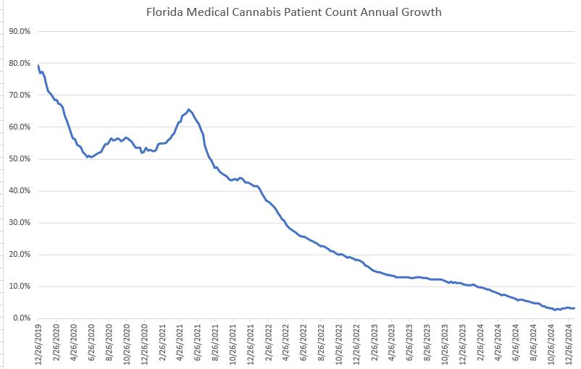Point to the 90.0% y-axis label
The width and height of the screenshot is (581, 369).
[x=19, y=31]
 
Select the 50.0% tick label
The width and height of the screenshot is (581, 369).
[x=19, y=159]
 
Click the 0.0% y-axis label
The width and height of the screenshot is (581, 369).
[x=20, y=318]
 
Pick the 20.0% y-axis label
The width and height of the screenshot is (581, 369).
[x=19, y=255]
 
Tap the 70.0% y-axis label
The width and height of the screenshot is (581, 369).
[x=19, y=96]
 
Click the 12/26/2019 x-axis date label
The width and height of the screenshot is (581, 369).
[x=38, y=344]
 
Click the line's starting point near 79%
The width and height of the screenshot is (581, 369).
[x=38, y=66]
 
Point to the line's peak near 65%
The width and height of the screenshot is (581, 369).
[x=189, y=109]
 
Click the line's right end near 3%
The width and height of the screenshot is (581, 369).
[x=574, y=308]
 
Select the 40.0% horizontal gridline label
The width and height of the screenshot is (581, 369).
[x=19, y=191]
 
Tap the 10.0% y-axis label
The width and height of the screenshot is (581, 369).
[x=19, y=287]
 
